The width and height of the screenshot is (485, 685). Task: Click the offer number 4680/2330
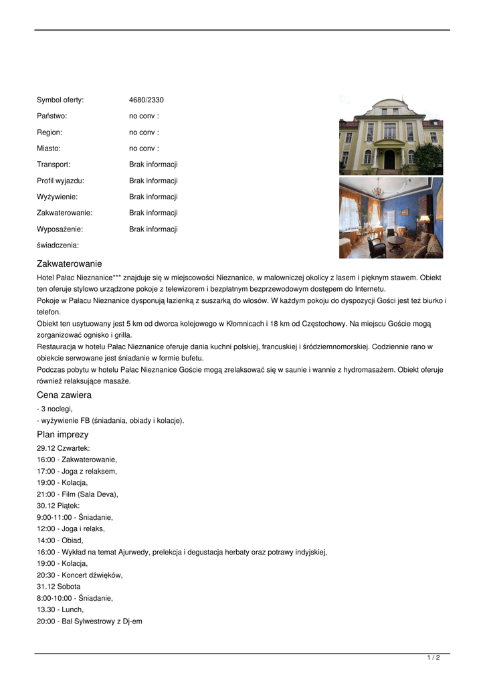pos(146,100)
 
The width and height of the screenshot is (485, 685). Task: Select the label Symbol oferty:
pos(60,100)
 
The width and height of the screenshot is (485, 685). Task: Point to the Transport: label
pos(54,165)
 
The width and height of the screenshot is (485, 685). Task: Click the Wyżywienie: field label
pos(57,197)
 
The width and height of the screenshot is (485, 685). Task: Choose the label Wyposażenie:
pos(60,229)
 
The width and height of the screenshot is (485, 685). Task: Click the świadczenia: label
pos(58,245)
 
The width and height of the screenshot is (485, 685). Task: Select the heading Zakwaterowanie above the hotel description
pos(70,264)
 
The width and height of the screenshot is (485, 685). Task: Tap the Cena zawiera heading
pos(64,395)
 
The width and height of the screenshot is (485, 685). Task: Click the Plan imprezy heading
pos(62,435)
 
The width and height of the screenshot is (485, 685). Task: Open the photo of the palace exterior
pos(391,135)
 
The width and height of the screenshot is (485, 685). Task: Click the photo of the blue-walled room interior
pos(391,218)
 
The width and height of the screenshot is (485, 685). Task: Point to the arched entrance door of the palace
pos(389,159)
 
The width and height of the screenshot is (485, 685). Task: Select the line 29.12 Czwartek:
pos(63,448)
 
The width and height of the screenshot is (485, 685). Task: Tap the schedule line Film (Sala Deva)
pos(78,494)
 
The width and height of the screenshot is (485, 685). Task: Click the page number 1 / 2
pos(433,658)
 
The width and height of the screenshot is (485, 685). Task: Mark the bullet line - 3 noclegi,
pos(55,409)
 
